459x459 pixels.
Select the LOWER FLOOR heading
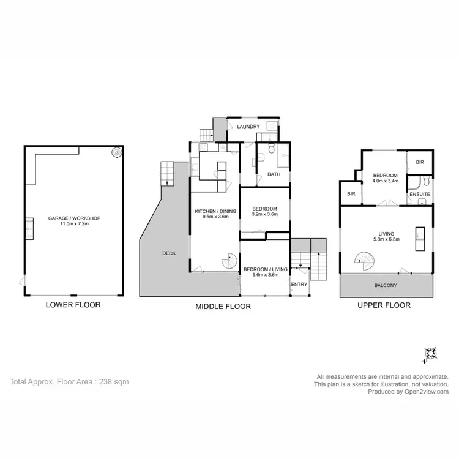tap(73, 304)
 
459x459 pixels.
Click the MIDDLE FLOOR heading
tap(223, 307)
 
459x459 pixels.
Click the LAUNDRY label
tap(249, 127)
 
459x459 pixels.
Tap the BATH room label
tap(274, 175)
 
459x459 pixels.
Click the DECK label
tap(170, 253)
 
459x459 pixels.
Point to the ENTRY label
tap(299, 285)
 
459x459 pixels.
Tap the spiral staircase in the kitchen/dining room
tap(228, 262)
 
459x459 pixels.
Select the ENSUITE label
tap(420, 195)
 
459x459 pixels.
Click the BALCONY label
tap(386, 285)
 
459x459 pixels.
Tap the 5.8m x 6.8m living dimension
tap(386, 239)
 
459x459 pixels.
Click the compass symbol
tap(430, 354)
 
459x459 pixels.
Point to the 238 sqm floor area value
tap(114, 381)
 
